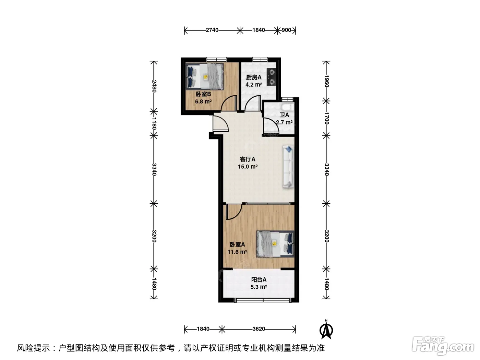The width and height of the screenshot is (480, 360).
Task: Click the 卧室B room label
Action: coord(203,94)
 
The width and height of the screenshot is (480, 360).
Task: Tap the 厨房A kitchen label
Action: coord(254,77)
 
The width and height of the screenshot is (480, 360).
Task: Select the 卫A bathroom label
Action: coord(284,115)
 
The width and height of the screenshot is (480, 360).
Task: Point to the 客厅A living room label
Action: coord(248,159)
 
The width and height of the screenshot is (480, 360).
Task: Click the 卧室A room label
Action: coord(237,244)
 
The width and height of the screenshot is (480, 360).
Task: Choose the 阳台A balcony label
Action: coord(259,279)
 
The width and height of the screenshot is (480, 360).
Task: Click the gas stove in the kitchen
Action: coord(271,76)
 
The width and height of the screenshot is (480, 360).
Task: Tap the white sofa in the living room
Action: coord(288,167)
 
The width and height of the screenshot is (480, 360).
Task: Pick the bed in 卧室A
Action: coord(275,244)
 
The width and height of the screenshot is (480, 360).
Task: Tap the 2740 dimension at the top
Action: coord(212,30)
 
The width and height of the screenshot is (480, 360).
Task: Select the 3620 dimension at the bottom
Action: coord(259,329)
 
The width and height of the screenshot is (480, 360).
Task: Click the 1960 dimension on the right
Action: coord(326,81)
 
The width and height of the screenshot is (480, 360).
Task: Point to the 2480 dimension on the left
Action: coord(154,86)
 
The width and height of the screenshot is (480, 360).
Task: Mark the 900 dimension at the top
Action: coord(286,30)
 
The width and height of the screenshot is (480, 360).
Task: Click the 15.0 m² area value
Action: coord(248,167)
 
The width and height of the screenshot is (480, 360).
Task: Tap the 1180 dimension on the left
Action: coord(154,123)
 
